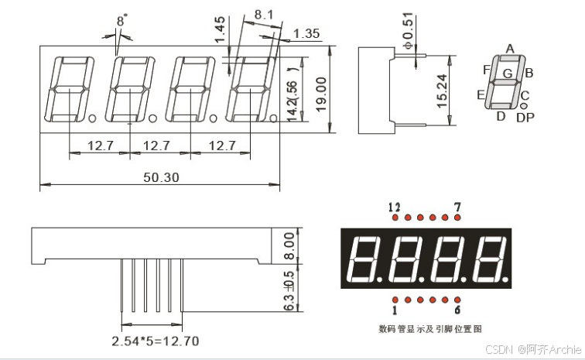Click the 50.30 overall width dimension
161,177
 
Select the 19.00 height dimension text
321,94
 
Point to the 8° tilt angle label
121,20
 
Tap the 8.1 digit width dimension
264,15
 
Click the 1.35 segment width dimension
306,33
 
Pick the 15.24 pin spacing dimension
442,91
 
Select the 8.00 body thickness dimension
289,245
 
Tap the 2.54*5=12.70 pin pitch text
156,341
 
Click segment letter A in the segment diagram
510,49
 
